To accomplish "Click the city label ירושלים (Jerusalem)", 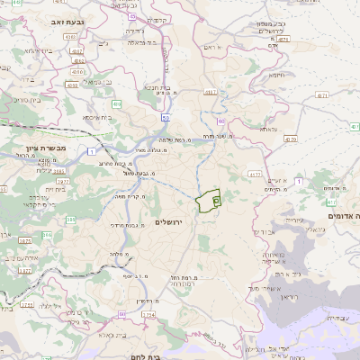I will [168, 221].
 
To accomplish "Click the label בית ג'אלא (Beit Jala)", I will [118, 333].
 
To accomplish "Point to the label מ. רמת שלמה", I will [174, 139].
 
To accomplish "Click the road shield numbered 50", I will [165, 117].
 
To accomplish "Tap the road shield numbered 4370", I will [290, 140].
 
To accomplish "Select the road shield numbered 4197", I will [211, 92].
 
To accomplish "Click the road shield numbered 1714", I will [148, 315].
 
